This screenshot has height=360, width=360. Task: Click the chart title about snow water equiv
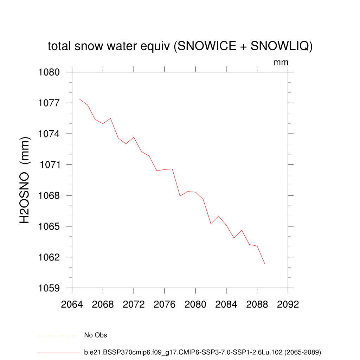tap(180, 46)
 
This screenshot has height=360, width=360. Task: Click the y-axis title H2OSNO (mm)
tap(25, 180)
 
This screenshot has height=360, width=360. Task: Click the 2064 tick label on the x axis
tap(72, 304)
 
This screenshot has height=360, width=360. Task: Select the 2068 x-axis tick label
tap(103, 304)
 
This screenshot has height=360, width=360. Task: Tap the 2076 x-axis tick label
tap(165, 304)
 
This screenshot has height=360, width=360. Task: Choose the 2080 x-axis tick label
tap(195, 304)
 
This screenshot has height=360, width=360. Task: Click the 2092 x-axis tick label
tap(288, 304)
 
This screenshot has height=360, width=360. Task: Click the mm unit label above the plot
tap(281, 63)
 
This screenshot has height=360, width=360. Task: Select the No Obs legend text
tap(96, 335)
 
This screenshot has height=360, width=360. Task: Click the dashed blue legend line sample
tap(57, 335)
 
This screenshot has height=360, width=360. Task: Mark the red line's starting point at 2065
tap(80, 99)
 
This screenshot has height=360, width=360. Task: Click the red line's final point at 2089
tap(265, 264)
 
